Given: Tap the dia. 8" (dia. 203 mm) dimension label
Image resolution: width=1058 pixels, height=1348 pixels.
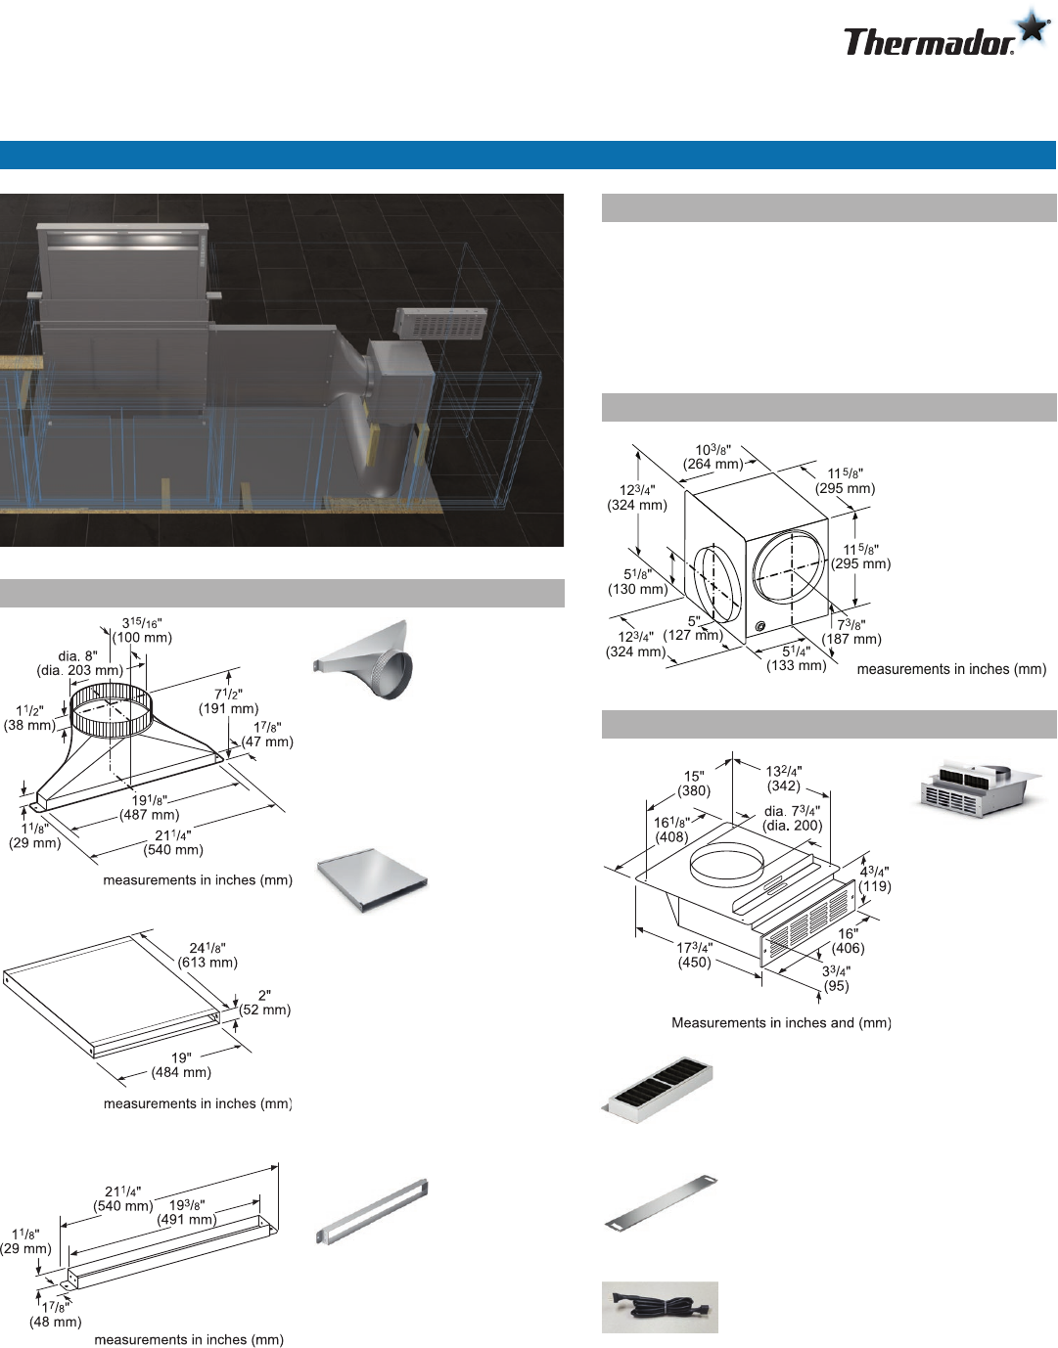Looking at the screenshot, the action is tap(79, 663).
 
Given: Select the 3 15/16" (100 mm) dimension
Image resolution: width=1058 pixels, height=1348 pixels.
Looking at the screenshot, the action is tap(142, 630).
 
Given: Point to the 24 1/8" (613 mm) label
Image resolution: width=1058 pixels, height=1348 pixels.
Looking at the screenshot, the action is tap(207, 956).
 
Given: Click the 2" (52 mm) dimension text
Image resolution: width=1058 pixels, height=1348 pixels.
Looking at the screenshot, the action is tap(265, 1003).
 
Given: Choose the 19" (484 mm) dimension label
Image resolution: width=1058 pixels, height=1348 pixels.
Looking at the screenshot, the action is tap(181, 1065).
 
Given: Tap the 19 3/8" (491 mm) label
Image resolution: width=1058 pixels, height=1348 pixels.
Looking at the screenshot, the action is tap(187, 1212).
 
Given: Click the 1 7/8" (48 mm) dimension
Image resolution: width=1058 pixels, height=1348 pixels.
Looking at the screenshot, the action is tap(56, 1315).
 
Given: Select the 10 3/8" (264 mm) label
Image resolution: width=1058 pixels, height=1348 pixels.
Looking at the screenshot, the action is tap(713, 457).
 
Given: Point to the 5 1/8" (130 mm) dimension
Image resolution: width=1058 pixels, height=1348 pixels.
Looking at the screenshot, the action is tap(637, 582).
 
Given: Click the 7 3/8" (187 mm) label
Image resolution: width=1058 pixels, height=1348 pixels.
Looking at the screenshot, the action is tap(851, 632).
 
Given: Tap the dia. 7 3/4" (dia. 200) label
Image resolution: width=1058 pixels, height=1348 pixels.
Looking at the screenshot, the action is tap(793, 818).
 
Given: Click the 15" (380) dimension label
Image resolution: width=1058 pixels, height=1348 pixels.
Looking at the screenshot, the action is tap(694, 784).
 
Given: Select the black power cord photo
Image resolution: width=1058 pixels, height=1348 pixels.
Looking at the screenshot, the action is tap(660, 1307).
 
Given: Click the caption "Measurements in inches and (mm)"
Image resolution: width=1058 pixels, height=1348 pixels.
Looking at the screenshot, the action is tap(781, 1023).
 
